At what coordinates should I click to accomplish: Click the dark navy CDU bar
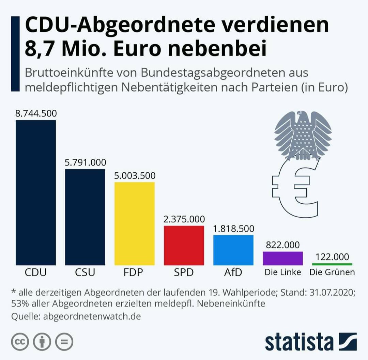(x=36, y=192)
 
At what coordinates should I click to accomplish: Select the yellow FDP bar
(x=135, y=223)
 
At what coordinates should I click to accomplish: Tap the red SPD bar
(x=184, y=245)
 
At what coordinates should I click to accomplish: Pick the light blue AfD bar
(x=233, y=250)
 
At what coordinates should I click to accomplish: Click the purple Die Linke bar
(x=283, y=258)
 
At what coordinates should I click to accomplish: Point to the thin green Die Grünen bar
(x=332, y=264)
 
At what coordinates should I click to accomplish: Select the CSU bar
(x=85, y=217)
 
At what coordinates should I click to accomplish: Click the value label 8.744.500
(x=36, y=113)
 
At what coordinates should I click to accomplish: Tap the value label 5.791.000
(x=85, y=162)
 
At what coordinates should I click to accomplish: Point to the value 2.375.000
(x=184, y=219)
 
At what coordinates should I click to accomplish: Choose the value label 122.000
(x=332, y=256)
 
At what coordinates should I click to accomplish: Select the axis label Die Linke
(x=283, y=272)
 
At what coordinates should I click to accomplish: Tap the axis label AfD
(x=233, y=272)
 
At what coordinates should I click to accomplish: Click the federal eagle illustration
(x=303, y=135)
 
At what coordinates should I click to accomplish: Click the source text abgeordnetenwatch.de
(x=92, y=316)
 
